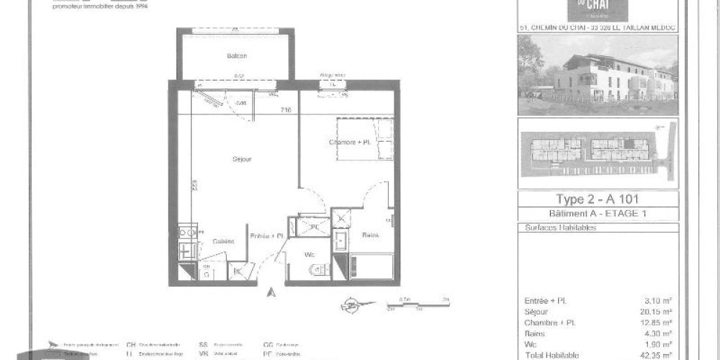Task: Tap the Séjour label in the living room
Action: pyautogui.click(x=241, y=158)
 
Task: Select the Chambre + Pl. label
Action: pyautogui.click(x=348, y=143)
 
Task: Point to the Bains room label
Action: pyautogui.click(x=371, y=235)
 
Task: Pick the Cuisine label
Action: pyautogui.click(x=223, y=241)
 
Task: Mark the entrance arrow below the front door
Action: pyautogui.click(x=271, y=292)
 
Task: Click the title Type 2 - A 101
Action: pyautogui.click(x=598, y=199)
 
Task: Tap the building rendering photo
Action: pyautogui.click(x=598, y=76)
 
